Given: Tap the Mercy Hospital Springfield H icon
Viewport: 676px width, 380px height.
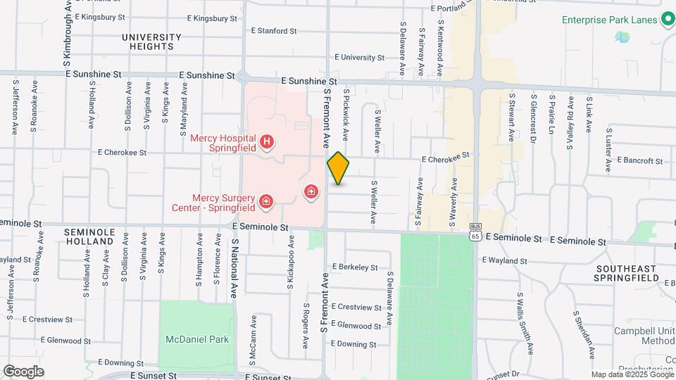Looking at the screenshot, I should coord(267,143).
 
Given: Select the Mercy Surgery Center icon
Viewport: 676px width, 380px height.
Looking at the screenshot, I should coord(266,203).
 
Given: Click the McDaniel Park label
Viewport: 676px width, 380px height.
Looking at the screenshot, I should coord(197,339).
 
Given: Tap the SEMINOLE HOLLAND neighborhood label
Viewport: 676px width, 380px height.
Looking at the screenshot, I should coord(89,236).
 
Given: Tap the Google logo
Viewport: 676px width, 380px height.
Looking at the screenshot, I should coord(23,372).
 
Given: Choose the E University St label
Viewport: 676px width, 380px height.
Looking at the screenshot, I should coord(359,58).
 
